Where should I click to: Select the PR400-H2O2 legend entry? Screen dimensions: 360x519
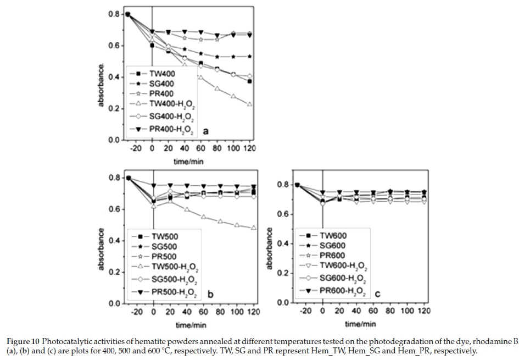164,129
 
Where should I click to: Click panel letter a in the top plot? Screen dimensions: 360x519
205,131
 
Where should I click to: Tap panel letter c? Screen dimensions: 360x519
380,291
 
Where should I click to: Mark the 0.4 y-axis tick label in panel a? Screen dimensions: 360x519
113,77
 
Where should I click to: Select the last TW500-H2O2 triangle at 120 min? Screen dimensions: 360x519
252,228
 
